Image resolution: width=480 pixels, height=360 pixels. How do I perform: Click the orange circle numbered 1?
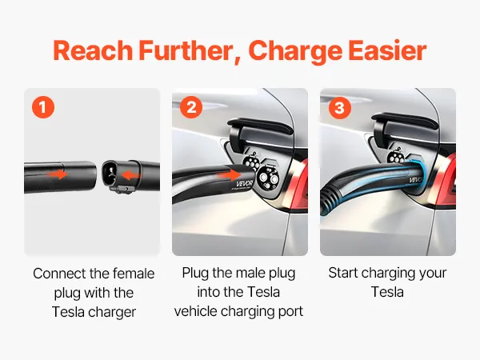43,107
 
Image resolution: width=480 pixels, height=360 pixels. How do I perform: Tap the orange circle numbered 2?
191,107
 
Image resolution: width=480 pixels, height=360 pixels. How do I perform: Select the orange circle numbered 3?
339,107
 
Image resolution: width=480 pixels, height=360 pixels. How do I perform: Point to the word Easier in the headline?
387,51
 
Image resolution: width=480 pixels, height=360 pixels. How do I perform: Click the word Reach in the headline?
93,51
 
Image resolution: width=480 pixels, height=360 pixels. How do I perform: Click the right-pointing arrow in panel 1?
58,174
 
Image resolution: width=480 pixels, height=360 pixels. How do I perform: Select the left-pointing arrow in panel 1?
130,175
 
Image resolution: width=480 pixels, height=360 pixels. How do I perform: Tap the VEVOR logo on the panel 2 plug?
245,184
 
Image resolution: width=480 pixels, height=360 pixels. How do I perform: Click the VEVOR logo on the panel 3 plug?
415,179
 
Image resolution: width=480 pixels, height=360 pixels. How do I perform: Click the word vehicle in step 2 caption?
196,311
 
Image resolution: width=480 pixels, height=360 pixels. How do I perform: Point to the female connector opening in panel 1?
109,174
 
